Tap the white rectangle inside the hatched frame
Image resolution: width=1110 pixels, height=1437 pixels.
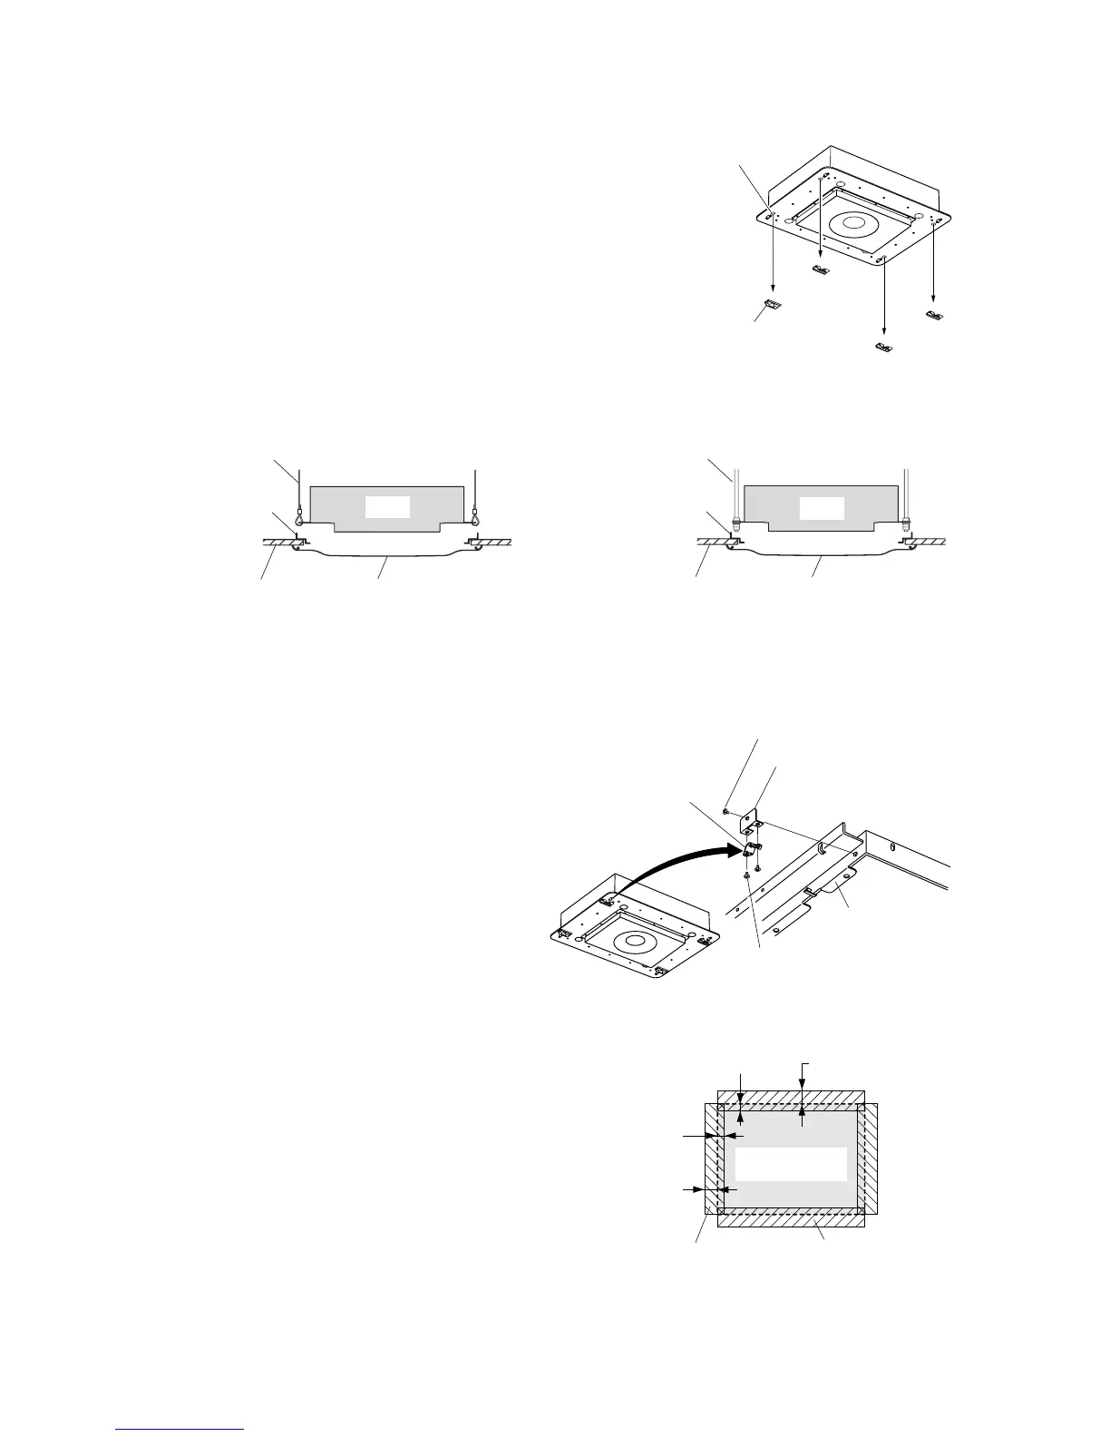coord(790,1164)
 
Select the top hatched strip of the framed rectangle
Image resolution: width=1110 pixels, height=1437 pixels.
coord(791,1099)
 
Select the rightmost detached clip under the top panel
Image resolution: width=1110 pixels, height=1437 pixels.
coord(935,314)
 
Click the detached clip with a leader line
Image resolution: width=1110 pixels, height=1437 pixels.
coord(774,306)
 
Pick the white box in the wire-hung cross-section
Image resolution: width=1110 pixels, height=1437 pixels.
coord(388,507)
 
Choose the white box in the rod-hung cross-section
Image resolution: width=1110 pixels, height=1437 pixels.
coord(822,507)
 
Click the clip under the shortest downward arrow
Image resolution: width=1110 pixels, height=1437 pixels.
coord(821,269)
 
